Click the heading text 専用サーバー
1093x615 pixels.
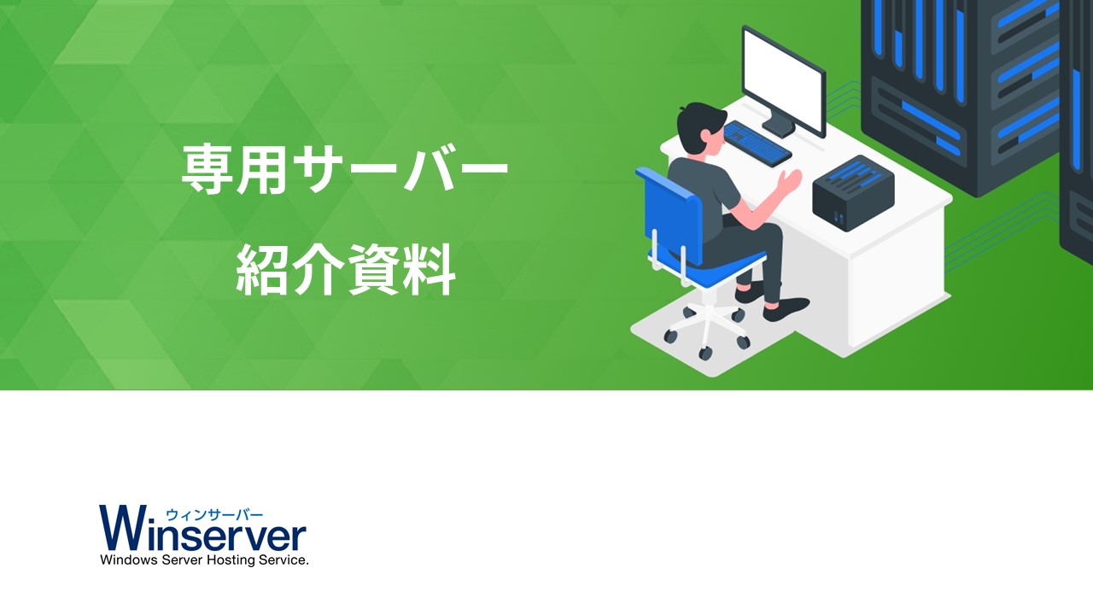point(344,169)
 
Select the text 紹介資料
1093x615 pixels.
point(346,270)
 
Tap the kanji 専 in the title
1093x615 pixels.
point(207,169)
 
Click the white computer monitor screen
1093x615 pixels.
point(784,79)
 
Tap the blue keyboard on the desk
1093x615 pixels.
point(757,143)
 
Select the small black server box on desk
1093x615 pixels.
point(853,193)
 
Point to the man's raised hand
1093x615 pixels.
point(790,180)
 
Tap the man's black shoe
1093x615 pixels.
point(786,309)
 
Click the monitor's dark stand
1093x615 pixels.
point(779,125)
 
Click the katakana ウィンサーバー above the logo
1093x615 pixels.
point(214,514)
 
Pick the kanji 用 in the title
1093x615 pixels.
point(262,169)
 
